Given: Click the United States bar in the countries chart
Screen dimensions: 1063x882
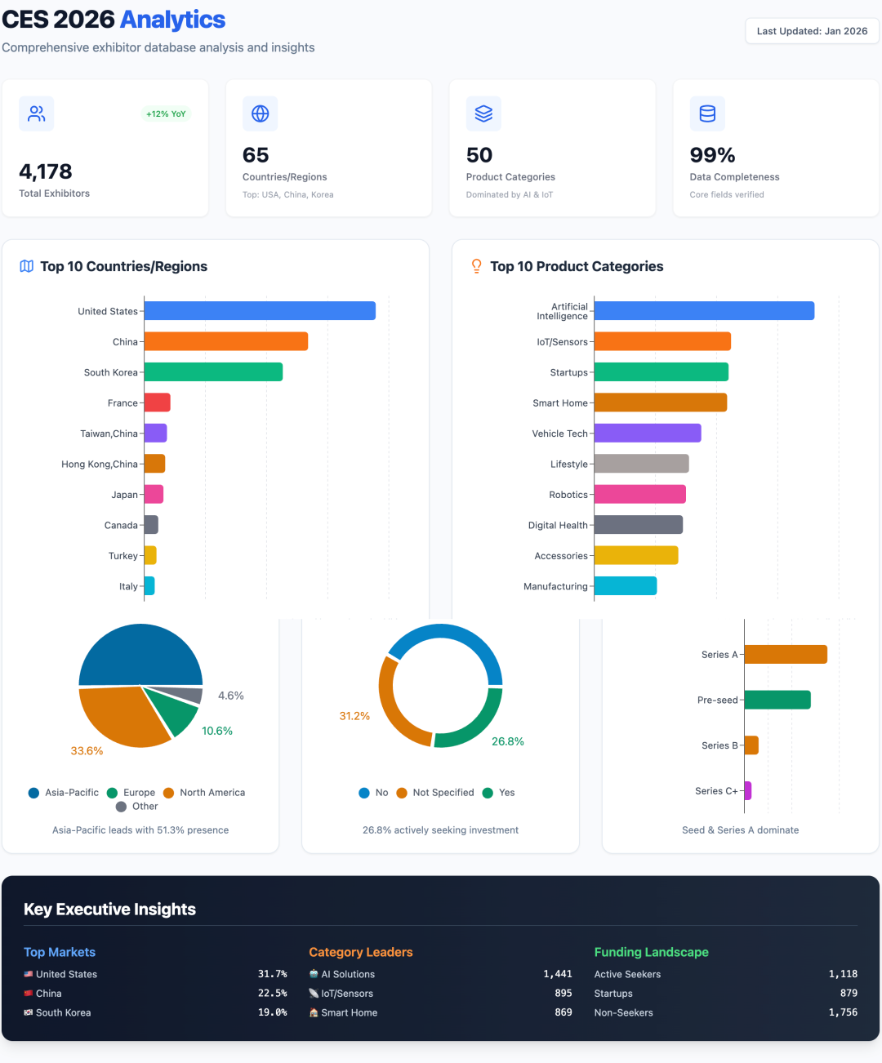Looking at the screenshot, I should tap(260, 311).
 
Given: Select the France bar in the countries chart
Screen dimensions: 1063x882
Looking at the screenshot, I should tap(158, 403).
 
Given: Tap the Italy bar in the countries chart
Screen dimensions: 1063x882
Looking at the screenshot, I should tap(149, 586).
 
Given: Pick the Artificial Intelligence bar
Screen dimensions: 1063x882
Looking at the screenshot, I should tap(704, 311).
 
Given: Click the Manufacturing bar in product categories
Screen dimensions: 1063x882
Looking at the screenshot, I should tap(626, 586).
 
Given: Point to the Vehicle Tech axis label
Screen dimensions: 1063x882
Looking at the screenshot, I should tap(559, 434).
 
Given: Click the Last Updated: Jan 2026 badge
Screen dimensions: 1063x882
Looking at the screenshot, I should tap(812, 31).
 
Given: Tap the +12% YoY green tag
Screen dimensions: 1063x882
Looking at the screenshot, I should tap(166, 114).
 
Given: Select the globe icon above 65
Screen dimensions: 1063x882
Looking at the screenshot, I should tap(261, 113).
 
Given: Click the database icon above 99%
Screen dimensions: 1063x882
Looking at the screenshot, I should tap(707, 113).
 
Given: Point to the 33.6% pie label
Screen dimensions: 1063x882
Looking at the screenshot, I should tap(87, 751).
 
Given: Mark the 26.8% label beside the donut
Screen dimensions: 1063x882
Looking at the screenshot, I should tap(508, 741).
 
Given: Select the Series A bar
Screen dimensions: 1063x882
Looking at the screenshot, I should tap(786, 655).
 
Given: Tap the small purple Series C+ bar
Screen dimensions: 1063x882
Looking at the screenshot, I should tap(748, 790).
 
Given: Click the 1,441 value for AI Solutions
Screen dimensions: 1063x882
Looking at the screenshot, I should tap(558, 974).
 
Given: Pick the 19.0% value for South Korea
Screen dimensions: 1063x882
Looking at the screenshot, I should tap(272, 1012).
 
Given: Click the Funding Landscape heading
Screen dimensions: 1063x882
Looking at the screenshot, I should tap(651, 952).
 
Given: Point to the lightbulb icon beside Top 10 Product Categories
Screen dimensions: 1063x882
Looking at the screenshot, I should tap(477, 266).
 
